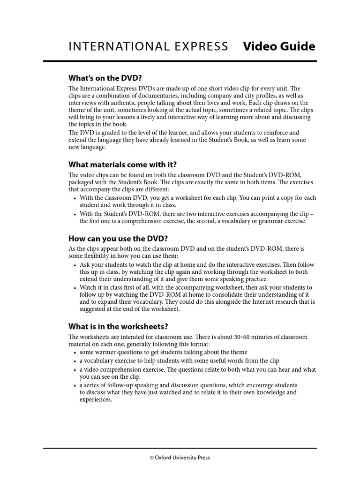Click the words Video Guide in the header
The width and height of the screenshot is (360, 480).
pyautogui.click(x=279, y=46)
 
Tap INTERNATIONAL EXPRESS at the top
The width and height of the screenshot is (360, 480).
pyautogui.click(x=149, y=46)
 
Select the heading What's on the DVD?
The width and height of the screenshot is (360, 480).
pyautogui.click(x=105, y=78)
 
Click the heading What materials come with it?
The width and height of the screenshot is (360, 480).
pyautogui.click(x=123, y=165)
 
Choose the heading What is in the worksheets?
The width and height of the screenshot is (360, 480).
pyautogui.click(x=118, y=326)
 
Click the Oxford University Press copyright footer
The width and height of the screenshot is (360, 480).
pyautogui.click(x=180, y=457)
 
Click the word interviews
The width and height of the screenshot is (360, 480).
pyautogui.click(x=83, y=103)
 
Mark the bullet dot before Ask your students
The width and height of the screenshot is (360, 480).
pyautogui.click(x=75, y=265)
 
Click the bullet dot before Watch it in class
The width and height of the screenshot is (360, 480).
pyautogui.click(x=75, y=288)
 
